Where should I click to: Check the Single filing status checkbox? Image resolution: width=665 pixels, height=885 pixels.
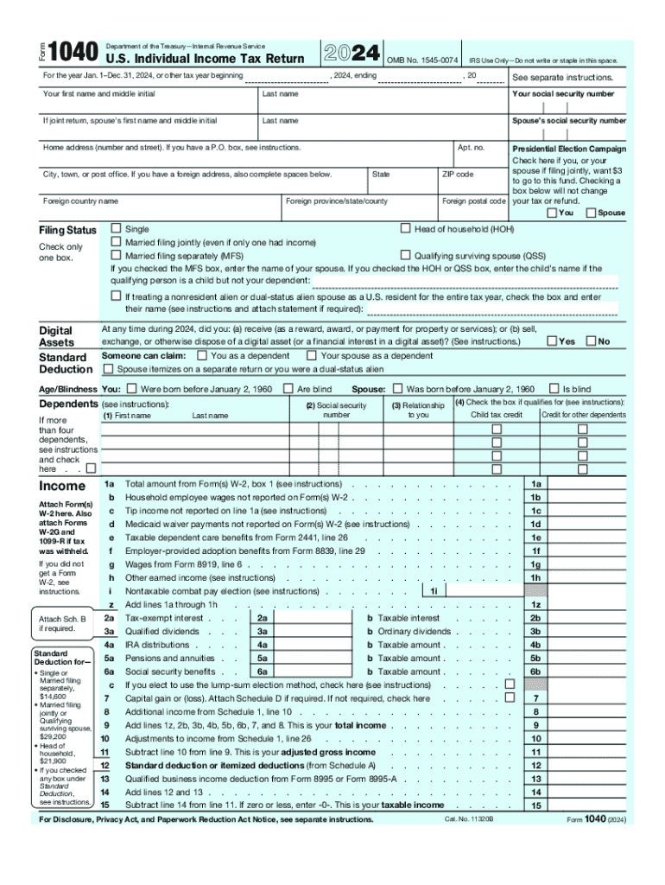click(x=116, y=229)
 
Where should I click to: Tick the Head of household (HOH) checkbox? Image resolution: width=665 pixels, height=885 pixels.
click(x=405, y=229)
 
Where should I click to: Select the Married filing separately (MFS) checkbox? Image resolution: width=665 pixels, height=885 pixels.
click(x=116, y=257)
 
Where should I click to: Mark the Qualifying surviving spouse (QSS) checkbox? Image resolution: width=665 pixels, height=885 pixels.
click(x=405, y=257)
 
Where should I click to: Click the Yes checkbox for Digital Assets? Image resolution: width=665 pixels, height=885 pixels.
click(x=552, y=341)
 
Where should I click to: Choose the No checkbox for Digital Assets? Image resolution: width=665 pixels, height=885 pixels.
click(x=591, y=341)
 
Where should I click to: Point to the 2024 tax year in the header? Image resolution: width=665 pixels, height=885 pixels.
click(x=351, y=54)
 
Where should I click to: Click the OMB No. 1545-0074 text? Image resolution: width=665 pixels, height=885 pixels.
click(x=421, y=60)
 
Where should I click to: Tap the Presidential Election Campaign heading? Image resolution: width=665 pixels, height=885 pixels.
click(x=569, y=149)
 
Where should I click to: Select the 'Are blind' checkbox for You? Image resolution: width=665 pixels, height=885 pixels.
click(x=289, y=389)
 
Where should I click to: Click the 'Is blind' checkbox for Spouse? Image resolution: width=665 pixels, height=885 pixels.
click(x=554, y=389)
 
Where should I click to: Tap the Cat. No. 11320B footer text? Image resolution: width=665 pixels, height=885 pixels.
click(x=468, y=818)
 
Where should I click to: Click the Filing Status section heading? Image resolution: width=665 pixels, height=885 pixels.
click(x=67, y=231)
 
